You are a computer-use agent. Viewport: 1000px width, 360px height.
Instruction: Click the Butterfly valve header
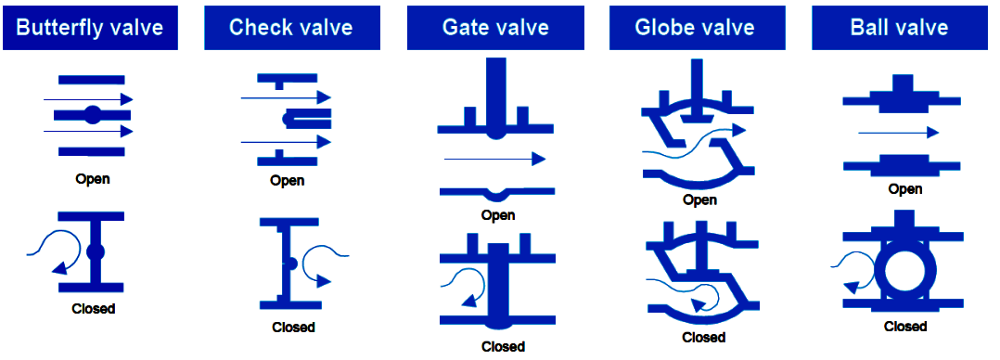(x=90, y=27)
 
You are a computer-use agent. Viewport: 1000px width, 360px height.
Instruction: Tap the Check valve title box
(x=290, y=27)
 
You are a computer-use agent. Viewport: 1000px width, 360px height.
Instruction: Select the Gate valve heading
(x=495, y=27)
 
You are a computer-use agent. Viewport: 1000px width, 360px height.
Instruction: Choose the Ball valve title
(x=899, y=27)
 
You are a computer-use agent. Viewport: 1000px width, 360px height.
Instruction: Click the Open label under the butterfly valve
(x=92, y=179)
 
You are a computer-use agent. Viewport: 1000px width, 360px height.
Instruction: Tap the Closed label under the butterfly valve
(x=93, y=308)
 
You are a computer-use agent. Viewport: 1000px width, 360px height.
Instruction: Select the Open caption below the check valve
(x=288, y=181)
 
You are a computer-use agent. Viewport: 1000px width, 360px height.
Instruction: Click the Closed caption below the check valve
(x=293, y=327)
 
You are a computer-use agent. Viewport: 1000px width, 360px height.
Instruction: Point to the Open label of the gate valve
(x=498, y=215)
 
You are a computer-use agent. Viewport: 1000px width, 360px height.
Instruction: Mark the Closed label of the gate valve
(x=503, y=347)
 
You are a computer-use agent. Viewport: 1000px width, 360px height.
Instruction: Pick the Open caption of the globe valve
(x=699, y=199)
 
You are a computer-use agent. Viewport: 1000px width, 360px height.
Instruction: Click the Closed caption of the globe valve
(x=704, y=338)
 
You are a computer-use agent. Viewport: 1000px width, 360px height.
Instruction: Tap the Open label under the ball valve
(x=904, y=189)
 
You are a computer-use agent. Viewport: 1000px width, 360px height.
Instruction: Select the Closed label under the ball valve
(x=904, y=326)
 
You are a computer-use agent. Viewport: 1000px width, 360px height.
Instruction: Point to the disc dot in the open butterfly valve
(x=92, y=115)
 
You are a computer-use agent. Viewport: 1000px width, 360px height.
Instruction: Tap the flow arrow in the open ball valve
(x=898, y=134)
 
